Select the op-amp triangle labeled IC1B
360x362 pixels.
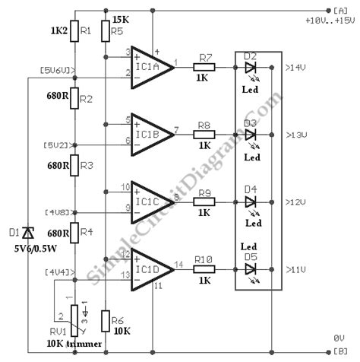(x=151, y=135)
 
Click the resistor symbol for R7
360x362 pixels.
(x=204, y=68)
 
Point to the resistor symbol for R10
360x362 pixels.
(x=204, y=268)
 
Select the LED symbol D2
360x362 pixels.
(x=250, y=68)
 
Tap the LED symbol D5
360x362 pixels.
(x=250, y=268)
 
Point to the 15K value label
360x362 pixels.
(x=120, y=19)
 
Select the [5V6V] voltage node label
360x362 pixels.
(x=56, y=71)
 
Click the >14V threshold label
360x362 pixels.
(x=295, y=68)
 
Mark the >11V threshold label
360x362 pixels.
(x=295, y=269)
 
